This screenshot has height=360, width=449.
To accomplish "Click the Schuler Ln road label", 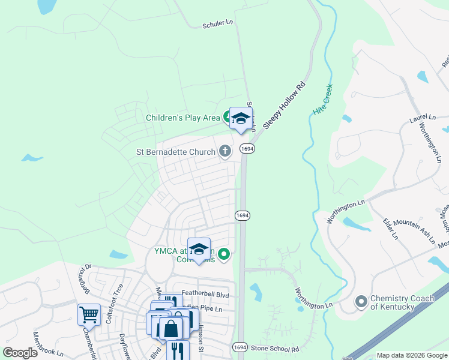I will (217, 23).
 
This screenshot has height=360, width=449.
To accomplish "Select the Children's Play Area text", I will (183, 118).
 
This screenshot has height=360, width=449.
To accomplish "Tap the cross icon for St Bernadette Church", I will (225, 151).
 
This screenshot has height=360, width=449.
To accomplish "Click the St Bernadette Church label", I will (175, 152).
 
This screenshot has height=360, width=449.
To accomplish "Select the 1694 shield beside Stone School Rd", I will (239, 347).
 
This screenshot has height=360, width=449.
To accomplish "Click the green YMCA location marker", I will (224, 254).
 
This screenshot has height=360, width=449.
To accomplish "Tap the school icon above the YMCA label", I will (199, 248).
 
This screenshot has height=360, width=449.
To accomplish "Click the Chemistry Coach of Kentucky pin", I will (361, 302).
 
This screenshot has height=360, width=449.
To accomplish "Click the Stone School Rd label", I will (275, 348).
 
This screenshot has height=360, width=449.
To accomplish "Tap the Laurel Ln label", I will (423, 118).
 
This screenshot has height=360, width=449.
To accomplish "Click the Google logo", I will (20, 353).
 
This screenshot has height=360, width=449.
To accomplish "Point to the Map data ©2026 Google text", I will (411, 355).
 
